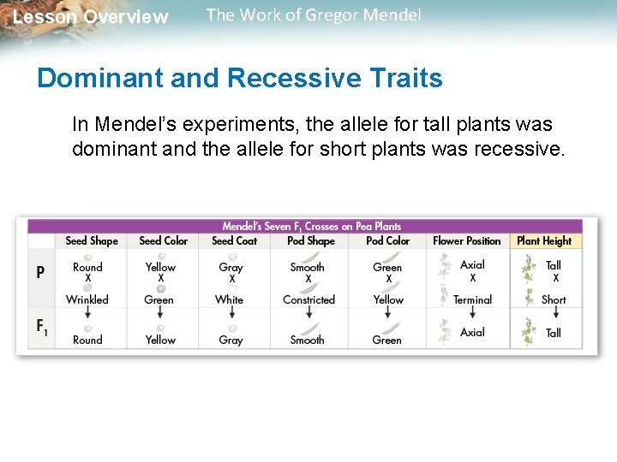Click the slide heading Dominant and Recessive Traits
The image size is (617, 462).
[240, 78]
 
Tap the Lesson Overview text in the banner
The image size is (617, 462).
[91, 17]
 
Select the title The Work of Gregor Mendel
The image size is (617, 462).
[314, 15]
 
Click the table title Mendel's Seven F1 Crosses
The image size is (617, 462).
[311, 226]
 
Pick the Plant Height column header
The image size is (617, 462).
[544, 241]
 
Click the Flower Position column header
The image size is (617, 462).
[467, 241]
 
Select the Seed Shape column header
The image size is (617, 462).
[92, 241]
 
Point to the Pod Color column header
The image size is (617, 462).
[387, 241]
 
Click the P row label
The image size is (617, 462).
[40, 273]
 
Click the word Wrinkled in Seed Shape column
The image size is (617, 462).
[87, 300]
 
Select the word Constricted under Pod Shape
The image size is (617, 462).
[308, 300]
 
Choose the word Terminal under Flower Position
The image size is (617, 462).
[472, 300]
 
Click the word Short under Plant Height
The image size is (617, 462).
[554, 300]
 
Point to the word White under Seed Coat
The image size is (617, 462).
[229, 300]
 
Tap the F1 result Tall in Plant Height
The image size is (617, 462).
[554, 333]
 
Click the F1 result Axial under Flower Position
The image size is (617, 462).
[472, 332]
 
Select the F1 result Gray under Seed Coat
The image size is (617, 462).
[231, 340]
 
